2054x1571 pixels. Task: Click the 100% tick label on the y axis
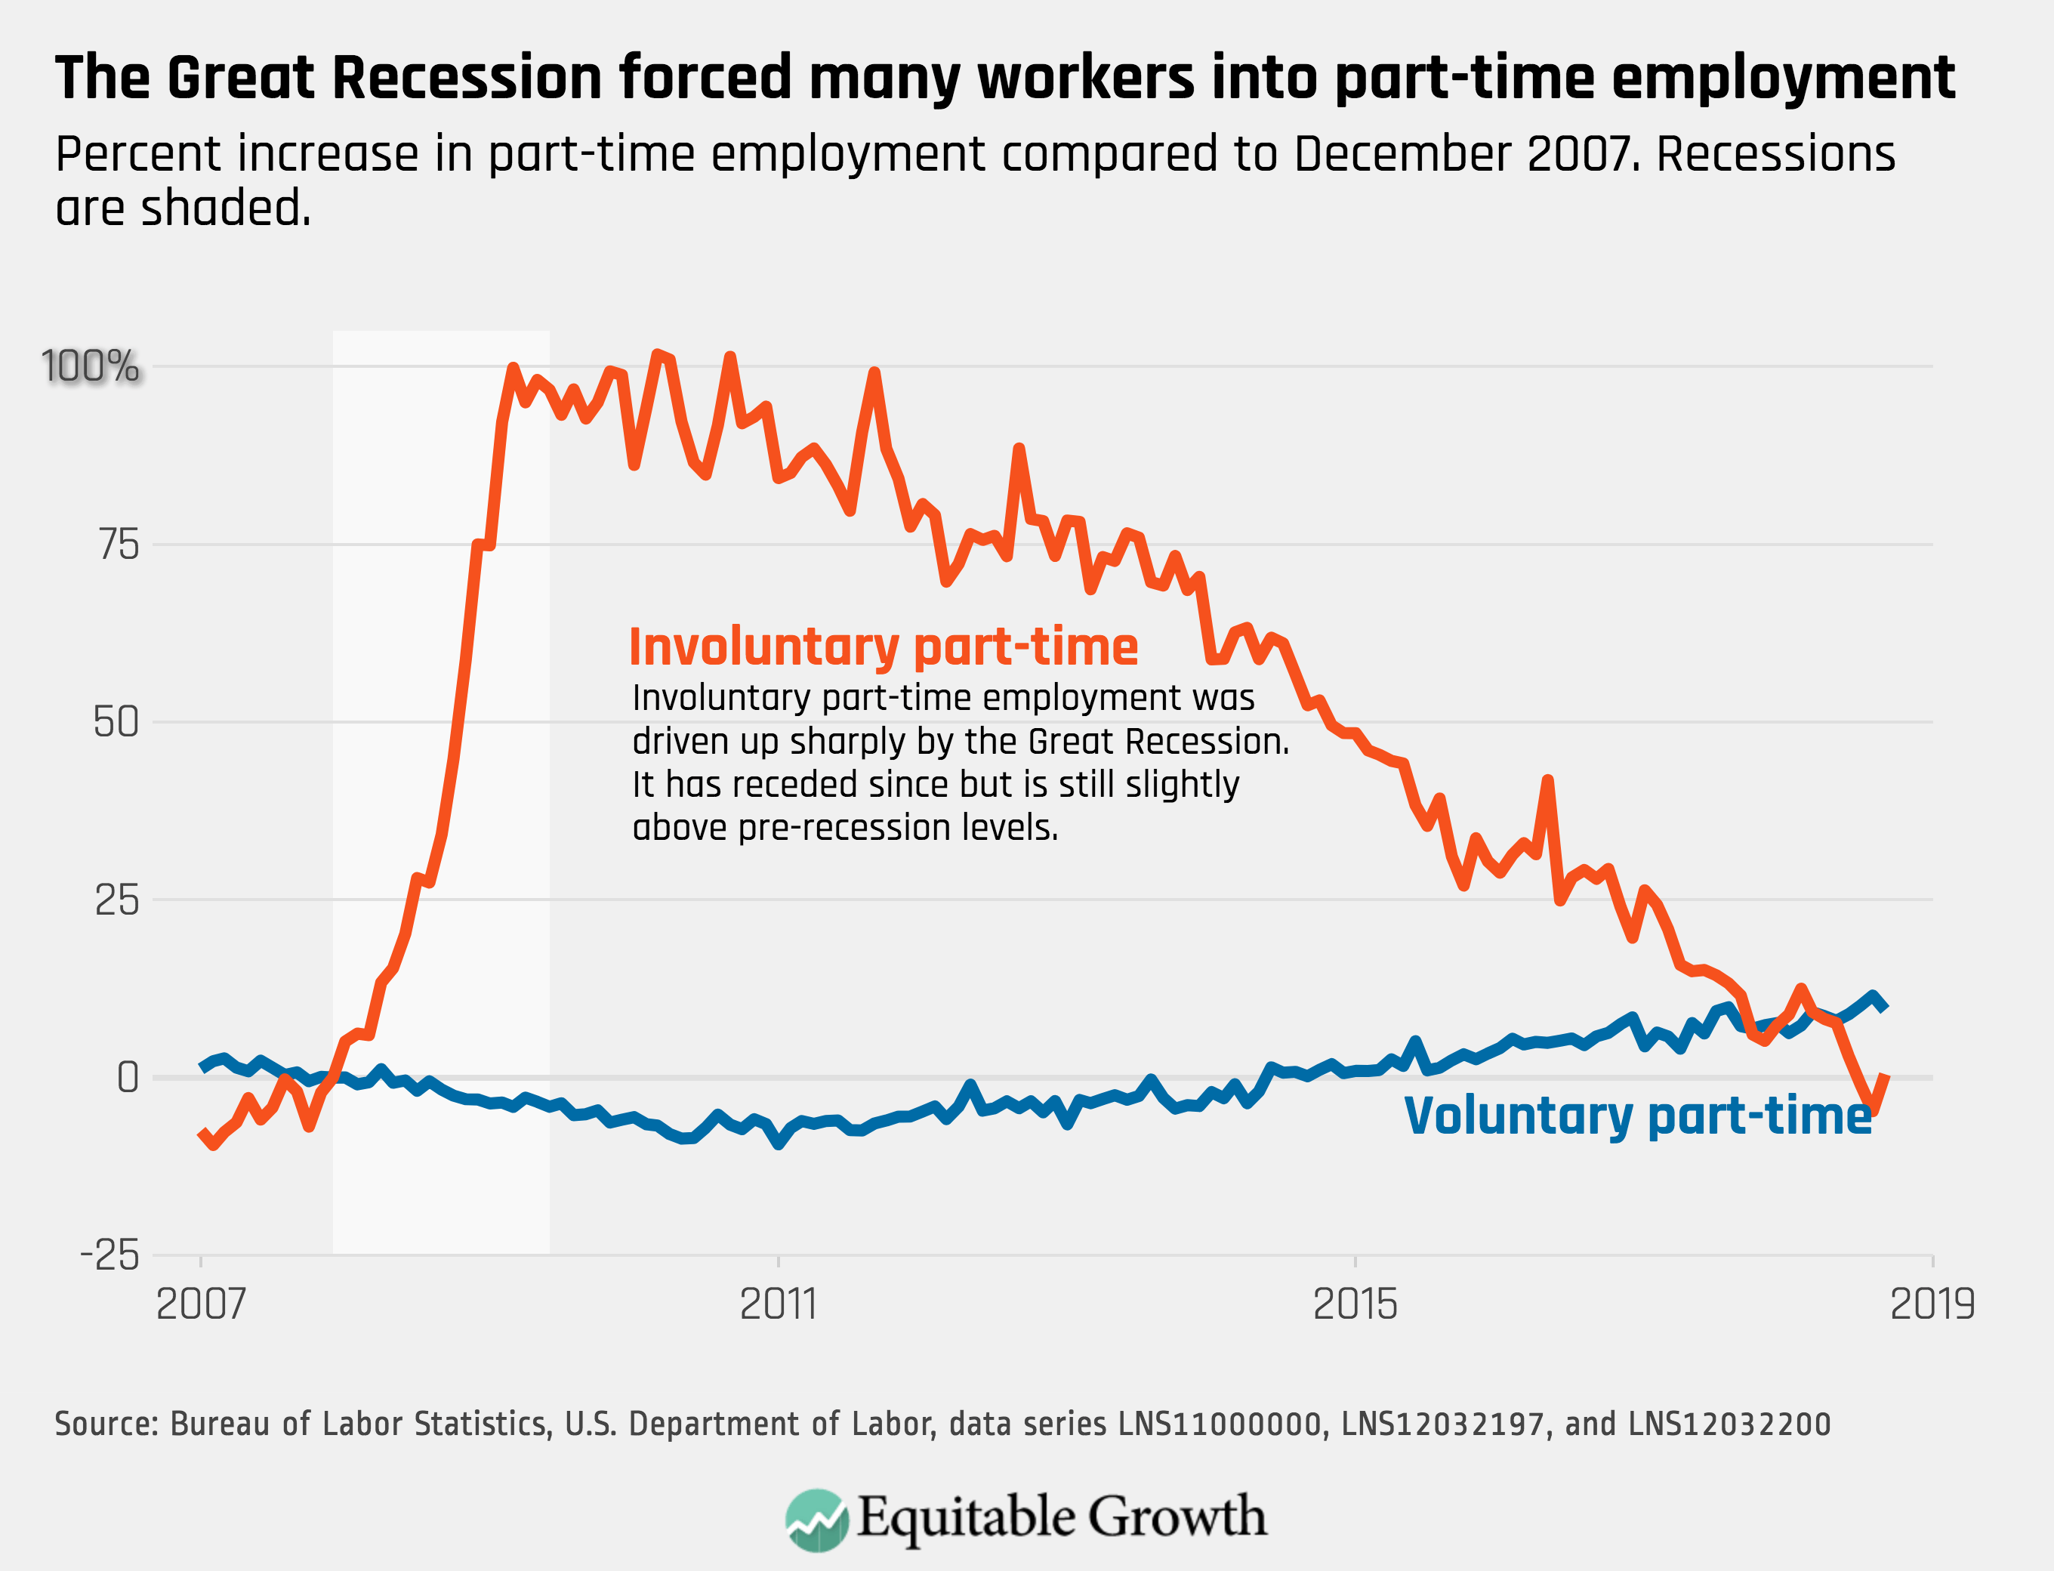[90, 366]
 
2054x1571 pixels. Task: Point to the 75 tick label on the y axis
[119, 545]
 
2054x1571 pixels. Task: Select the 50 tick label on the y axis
[116, 722]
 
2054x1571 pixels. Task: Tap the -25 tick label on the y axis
[109, 1255]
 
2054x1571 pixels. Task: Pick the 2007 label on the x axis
[200, 1304]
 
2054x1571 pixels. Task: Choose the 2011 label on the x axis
[778, 1304]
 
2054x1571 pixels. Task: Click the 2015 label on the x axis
[1355, 1304]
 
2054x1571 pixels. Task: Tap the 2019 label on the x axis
[1932, 1304]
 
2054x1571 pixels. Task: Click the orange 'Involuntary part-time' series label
[884, 647]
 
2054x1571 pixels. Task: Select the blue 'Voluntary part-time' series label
[1638, 1116]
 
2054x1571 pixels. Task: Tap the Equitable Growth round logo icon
[817, 1520]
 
